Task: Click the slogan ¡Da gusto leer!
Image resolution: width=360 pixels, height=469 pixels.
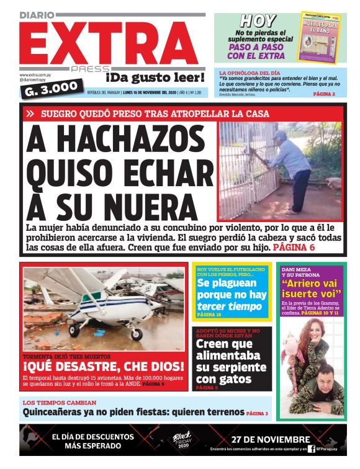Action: point(155,78)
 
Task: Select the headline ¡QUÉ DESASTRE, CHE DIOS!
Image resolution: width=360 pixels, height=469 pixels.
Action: point(104,366)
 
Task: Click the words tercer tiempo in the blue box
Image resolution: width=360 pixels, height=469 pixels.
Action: point(222,306)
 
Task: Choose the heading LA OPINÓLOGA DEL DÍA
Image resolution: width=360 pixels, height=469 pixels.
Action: point(250,73)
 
